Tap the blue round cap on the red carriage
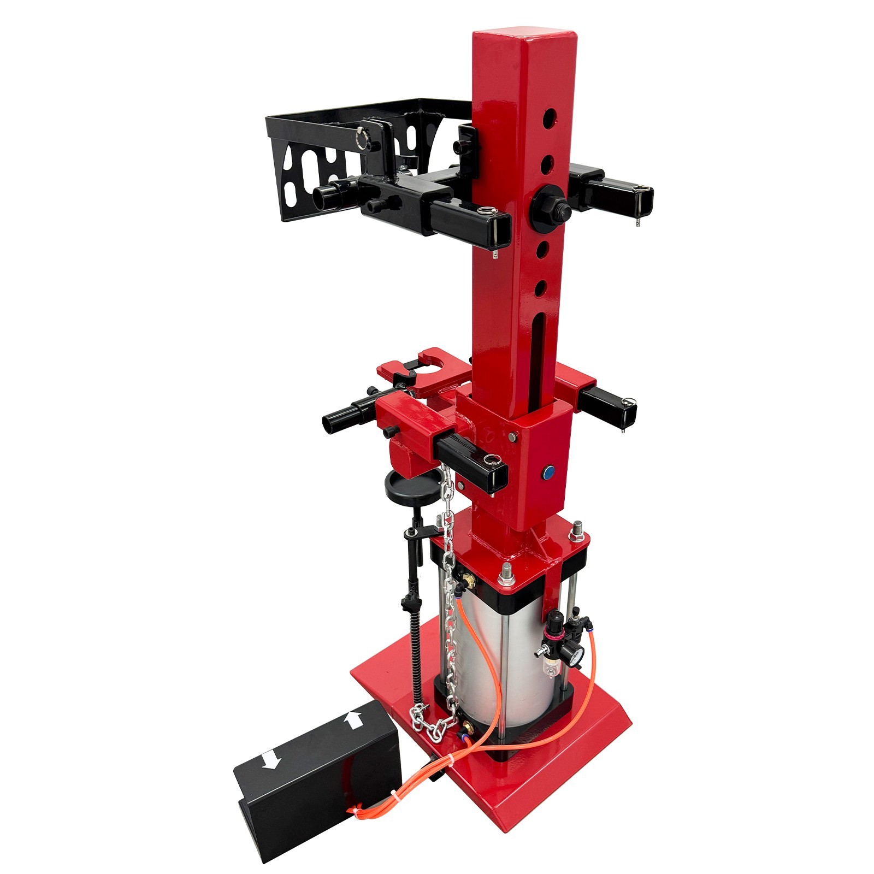pos(548,471)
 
